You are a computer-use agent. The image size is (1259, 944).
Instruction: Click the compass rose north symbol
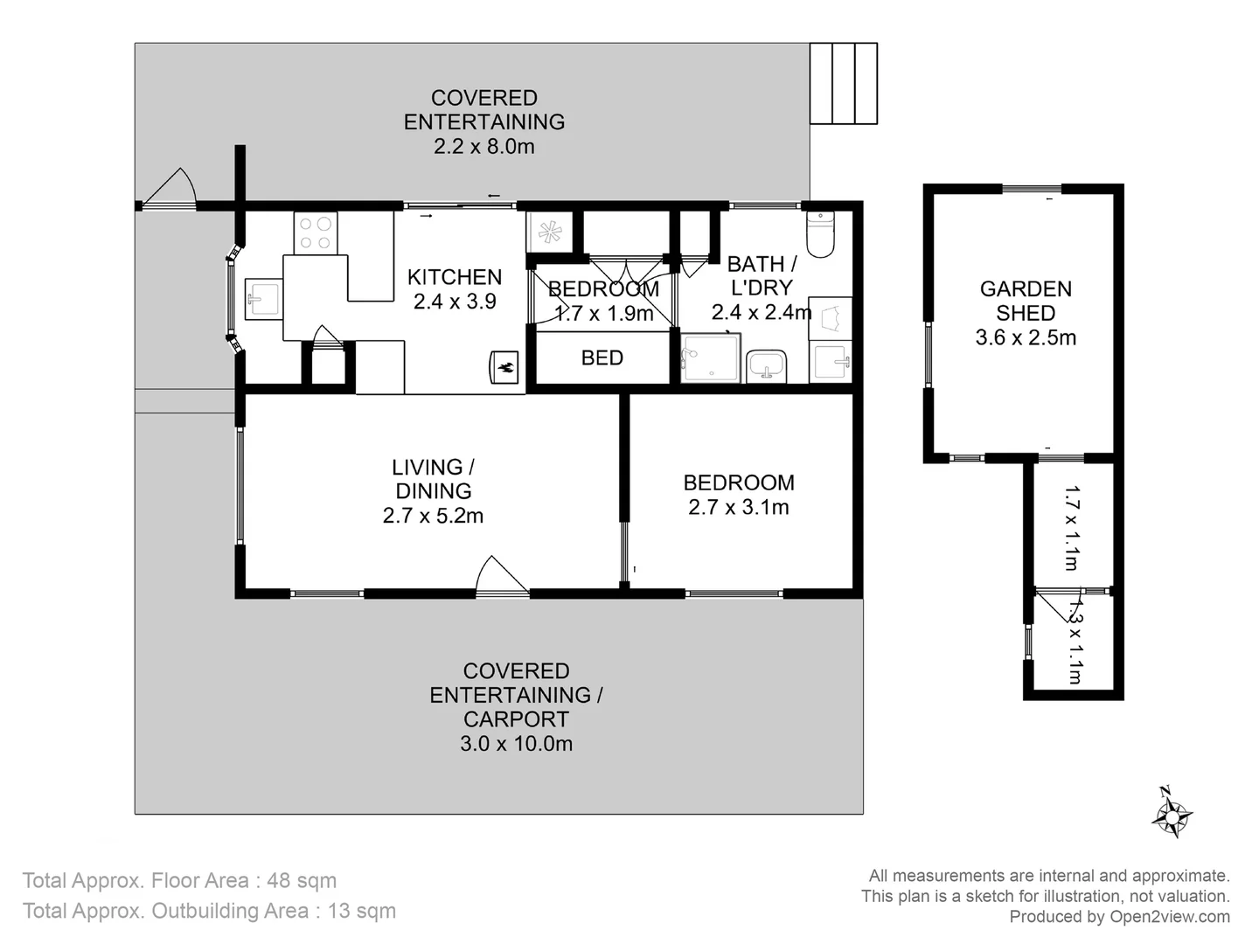pos(1172,814)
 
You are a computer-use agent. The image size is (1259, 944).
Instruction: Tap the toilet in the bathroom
pos(820,233)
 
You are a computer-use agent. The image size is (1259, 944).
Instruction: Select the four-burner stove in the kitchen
pos(315,233)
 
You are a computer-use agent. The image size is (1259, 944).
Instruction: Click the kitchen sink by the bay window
pos(261,299)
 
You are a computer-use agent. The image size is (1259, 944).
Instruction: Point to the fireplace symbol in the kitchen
pos(504,367)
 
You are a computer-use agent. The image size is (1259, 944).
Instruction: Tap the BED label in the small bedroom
pos(602,357)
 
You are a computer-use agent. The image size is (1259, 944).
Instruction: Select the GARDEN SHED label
pos(1025,301)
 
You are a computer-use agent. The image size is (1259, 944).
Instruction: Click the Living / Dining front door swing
pos(500,575)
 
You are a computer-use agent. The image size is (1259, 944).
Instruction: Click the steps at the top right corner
pos(843,84)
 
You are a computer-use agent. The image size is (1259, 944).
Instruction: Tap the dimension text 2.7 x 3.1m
pos(738,507)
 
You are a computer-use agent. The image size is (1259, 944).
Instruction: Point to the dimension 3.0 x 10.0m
pos(516,744)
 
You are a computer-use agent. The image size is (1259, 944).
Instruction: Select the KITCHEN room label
pos(454,277)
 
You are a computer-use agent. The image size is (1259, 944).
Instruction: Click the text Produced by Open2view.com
pos(1119,916)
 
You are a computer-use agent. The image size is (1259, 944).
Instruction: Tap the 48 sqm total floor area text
pos(301,880)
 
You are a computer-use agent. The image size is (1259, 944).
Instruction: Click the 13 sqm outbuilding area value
pos(361,911)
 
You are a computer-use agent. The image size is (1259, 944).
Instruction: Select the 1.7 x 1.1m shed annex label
pos(1072,528)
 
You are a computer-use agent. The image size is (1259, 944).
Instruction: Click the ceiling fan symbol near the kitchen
pos(549,233)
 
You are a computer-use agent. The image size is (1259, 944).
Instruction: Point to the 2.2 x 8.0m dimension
pos(483,146)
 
